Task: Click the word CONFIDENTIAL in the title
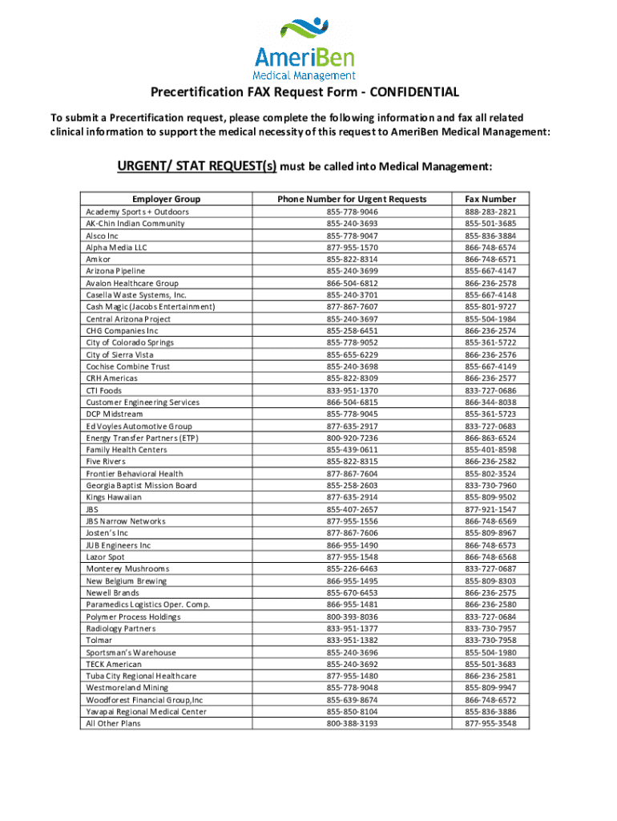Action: pyautogui.click(x=416, y=93)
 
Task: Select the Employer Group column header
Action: pyautogui.click(x=166, y=199)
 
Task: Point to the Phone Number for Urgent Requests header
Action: pyautogui.click(x=352, y=199)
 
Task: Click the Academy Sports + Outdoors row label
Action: pyautogui.click(x=137, y=212)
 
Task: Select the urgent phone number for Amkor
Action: pyautogui.click(x=352, y=259)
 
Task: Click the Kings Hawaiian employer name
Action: pyautogui.click(x=114, y=497)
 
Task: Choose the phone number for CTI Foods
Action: pyautogui.click(x=352, y=390)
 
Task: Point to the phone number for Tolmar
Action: pyautogui.click(x=352, y=641)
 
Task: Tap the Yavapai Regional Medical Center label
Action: pyautogui.click(x=146, y=711)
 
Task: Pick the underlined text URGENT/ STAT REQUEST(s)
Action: pyautogui.click(x=197, y=167)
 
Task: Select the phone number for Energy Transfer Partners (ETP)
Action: pyautogui.click(x=352, y=438)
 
